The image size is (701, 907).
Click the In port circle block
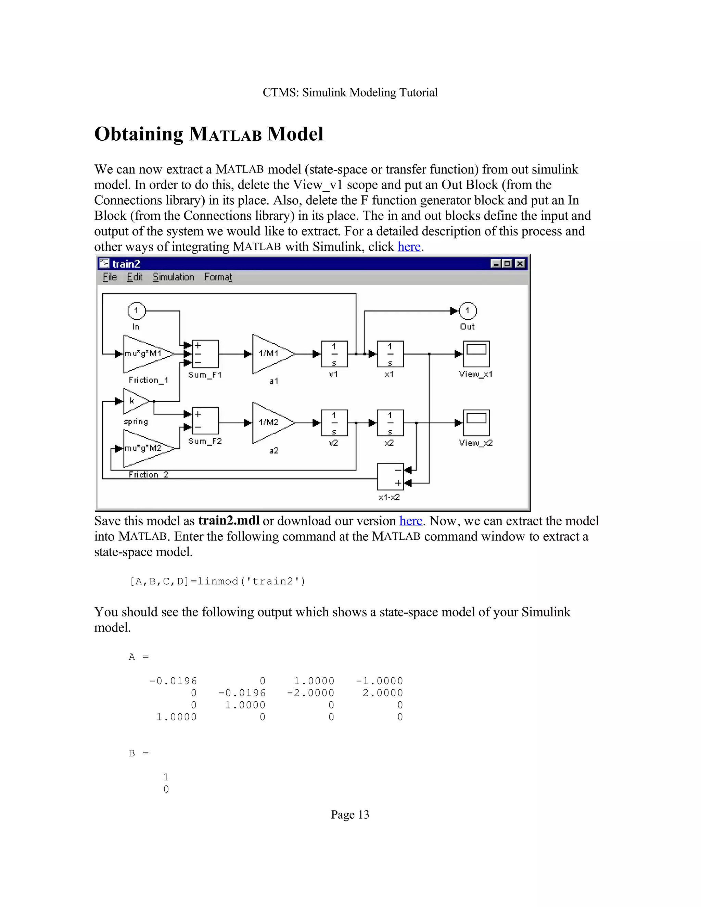coord(136,311)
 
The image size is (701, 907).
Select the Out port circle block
coord(468,311)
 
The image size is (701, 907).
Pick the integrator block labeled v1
coord(334,354)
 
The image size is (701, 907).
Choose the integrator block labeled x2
coord(390,423)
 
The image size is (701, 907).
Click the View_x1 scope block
coord(476,354)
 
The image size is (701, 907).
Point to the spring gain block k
coord(135,401)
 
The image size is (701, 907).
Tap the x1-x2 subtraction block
coord(390,477)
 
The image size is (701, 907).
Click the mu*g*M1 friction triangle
coord(146,354)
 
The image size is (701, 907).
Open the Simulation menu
coord(173,277)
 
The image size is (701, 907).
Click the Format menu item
coord(218,277)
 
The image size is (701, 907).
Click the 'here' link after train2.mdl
coord(410,521)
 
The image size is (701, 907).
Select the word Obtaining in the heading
coord(138,134)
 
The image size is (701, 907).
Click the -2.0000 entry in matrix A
coord(311,693)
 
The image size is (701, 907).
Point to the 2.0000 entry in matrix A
coord(382,693)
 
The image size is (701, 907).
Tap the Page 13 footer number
coord(350,815)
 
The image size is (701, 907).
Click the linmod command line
coord(218,582)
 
